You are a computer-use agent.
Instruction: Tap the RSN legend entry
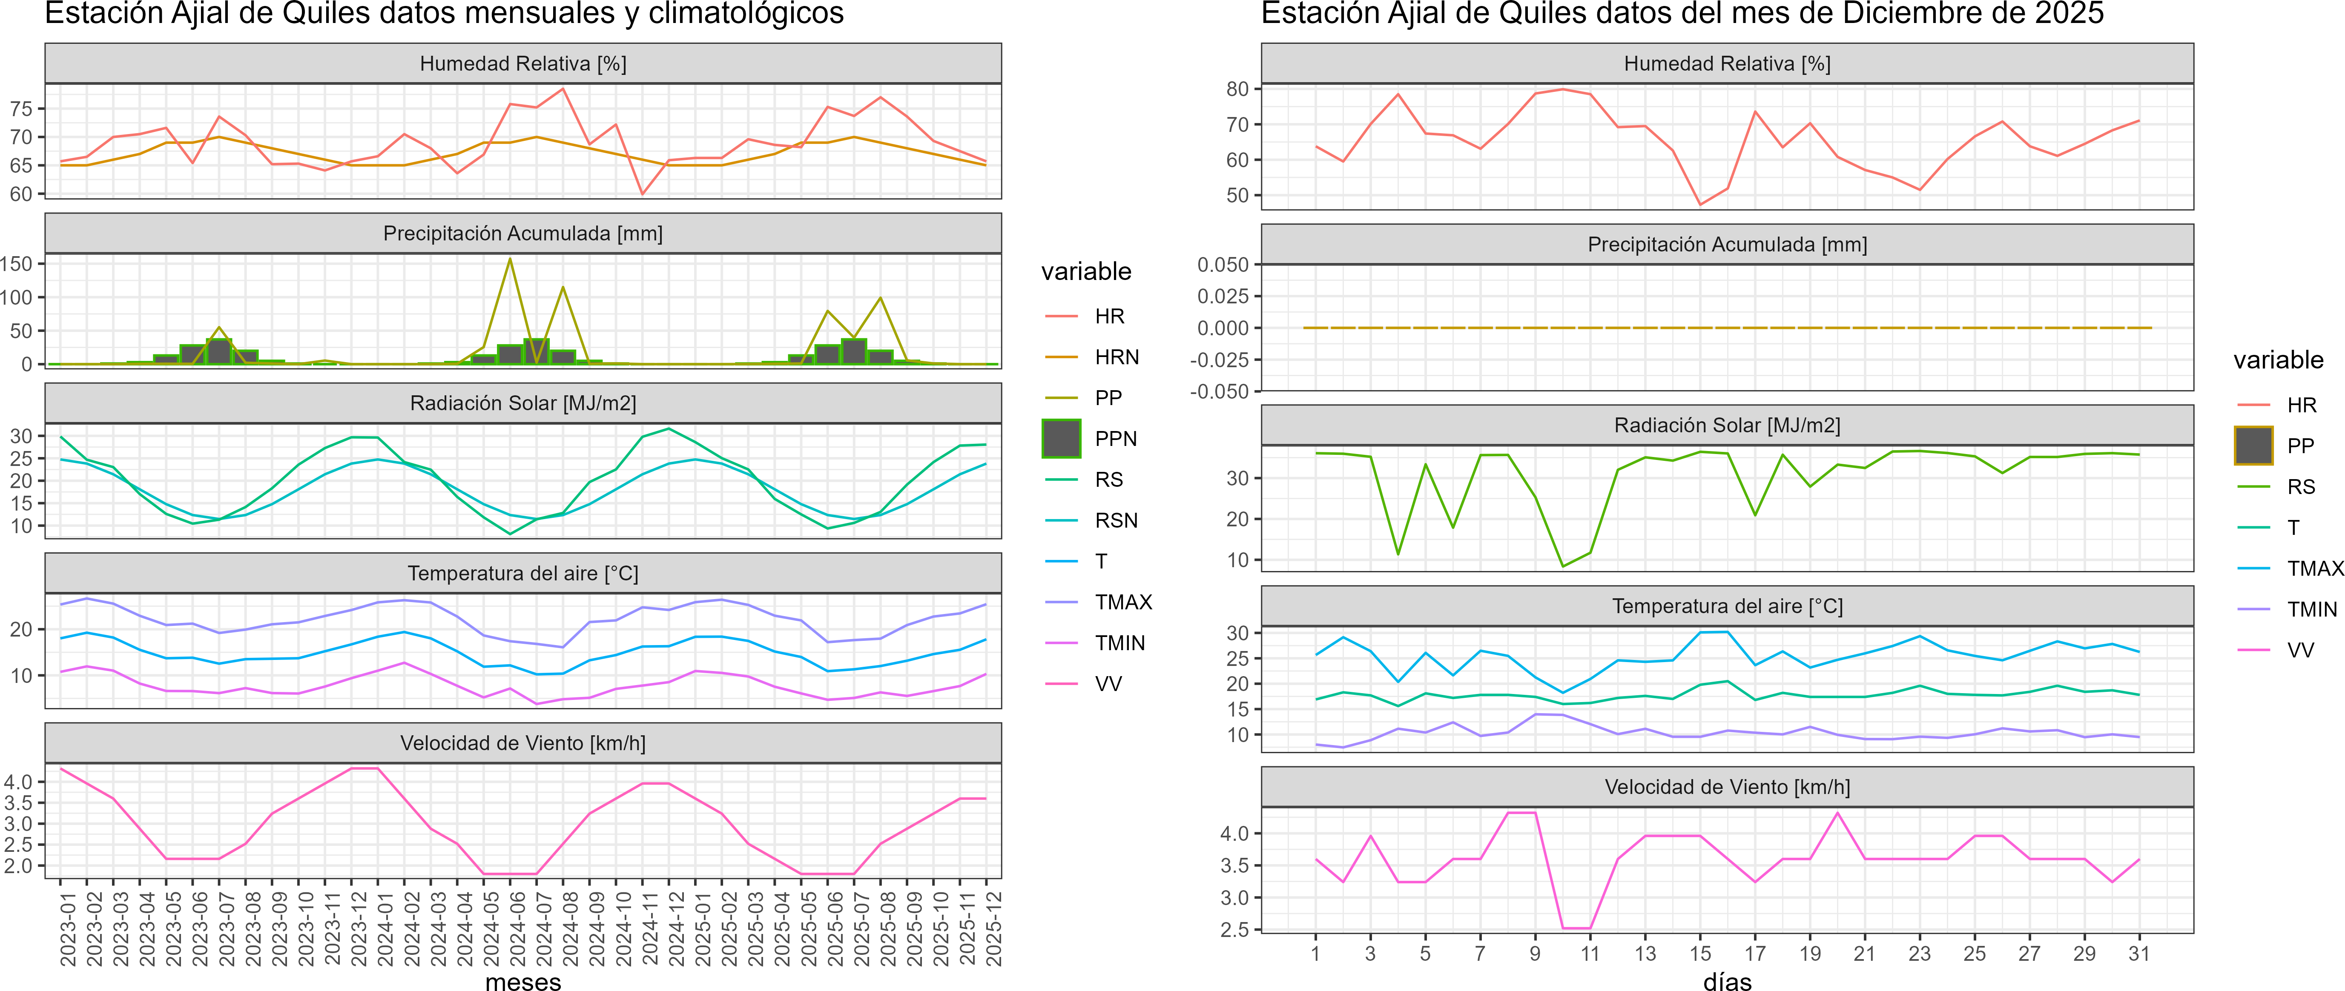pyautogui.click(x=1116, y=520)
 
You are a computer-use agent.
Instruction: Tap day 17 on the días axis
pyautogui.click(x=1755, y=954)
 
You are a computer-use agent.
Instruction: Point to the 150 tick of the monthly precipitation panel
pyautogui.click(x=16, y=264)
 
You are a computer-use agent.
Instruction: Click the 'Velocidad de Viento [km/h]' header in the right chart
pyautogui.click(x=1727, y=787)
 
